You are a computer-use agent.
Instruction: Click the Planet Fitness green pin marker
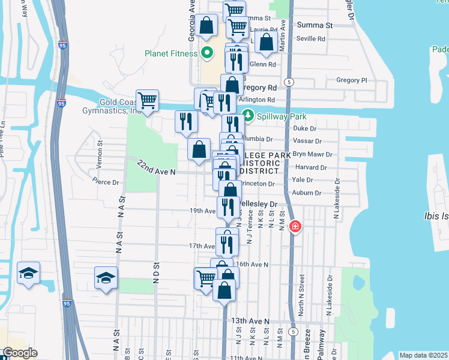click(208, 53)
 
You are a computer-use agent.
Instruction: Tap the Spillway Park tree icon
click(247, 116)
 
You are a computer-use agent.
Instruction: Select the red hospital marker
click(295, 227)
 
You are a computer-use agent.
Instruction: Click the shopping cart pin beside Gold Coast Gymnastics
click(147, 100)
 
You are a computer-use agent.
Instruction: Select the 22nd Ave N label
click(155, 167)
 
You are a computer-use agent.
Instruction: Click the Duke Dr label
click(304, 128)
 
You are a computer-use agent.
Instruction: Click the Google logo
click(20, 353)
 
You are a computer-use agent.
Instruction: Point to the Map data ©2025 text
click(423, 355)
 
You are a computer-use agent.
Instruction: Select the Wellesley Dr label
click(259, 204)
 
